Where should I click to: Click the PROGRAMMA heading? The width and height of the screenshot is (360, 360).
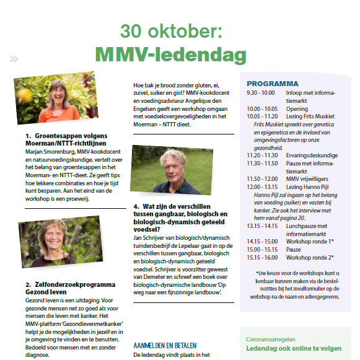[x=272, y=84]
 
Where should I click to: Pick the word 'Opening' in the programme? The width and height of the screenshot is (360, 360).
[x=297, y=108]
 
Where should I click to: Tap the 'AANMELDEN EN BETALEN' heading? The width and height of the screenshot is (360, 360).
[x=165, y=345]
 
